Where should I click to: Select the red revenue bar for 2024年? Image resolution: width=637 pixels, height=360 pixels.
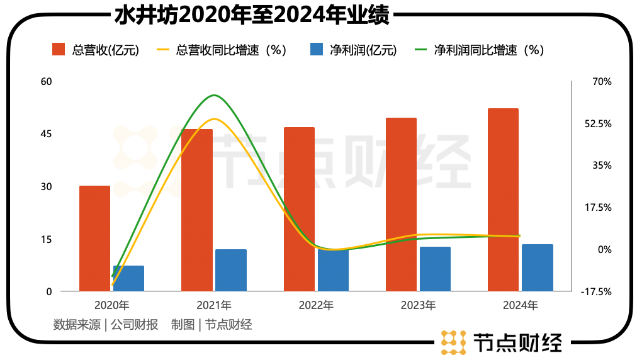503,200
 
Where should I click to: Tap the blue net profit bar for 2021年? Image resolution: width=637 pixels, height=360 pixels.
231,270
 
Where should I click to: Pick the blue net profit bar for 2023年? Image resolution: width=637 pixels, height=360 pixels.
435,269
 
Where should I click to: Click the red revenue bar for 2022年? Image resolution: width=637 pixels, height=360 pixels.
299,209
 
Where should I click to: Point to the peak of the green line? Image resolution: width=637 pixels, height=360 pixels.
215,96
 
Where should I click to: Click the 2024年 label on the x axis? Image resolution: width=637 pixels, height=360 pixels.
521,306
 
